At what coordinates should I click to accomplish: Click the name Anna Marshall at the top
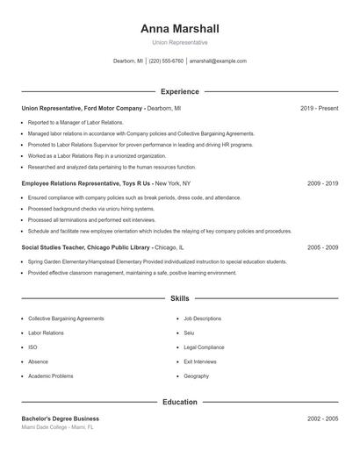tap(179, 28)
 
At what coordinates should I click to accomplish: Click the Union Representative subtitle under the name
tap(179, 42)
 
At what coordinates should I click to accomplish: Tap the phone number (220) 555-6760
tap(166, 61)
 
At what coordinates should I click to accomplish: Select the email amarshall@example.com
tap(218, 61)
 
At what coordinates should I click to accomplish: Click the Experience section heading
tap(179, 91)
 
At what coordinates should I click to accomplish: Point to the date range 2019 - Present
tap(319, 108)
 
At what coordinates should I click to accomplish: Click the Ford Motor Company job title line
tap(101, 108)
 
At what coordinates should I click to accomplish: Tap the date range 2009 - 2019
tap(322, 183)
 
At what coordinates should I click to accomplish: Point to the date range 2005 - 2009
tap(322, 247)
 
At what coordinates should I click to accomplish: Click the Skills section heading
tap(179, 298)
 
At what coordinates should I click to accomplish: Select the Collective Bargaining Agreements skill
tap(66, 318)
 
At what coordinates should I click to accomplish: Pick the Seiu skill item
tap(189, 333)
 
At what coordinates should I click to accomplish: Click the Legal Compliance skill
tap(205, 347)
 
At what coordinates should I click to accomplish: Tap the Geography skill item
tap(197, 376)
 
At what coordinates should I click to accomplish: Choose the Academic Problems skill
tap(51, 376)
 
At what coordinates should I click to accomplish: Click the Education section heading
tap(179, 402)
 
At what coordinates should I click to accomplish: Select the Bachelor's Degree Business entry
tap(61, 418)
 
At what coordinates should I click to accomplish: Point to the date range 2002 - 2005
tap(322, 418)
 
